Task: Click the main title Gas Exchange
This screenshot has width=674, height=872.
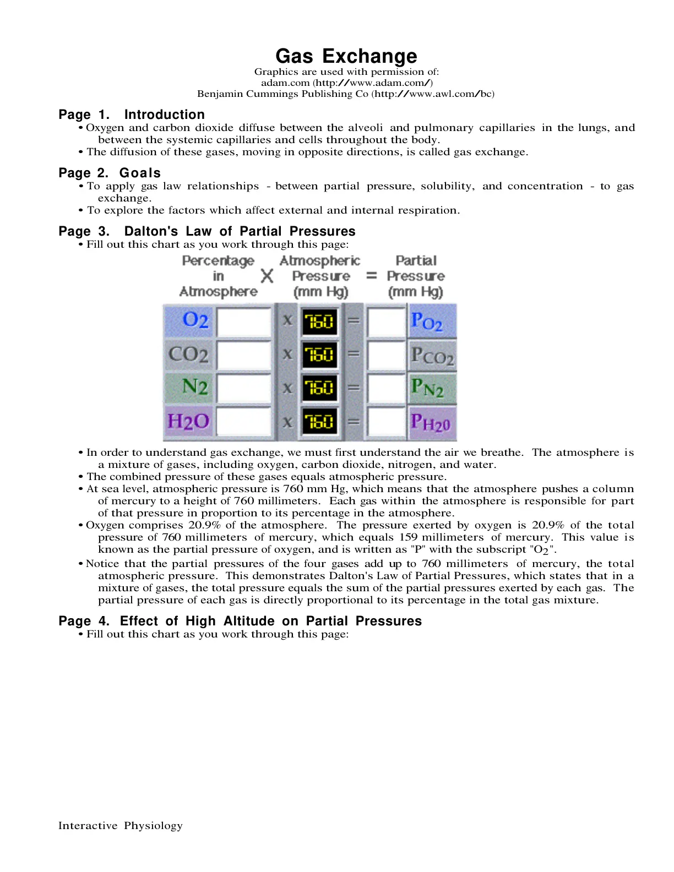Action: [x=346, y=56]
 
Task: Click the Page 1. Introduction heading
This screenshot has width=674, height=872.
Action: [x=132, y=115]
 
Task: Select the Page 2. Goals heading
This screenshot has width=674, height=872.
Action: [x=110, y=172]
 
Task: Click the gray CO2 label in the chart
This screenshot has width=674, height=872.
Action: [x=188, y=355]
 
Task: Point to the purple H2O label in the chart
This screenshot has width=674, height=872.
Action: [x=188, y=421]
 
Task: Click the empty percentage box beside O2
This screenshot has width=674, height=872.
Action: [x=244, y=321]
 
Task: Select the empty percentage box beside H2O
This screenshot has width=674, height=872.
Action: [x=244, y=421]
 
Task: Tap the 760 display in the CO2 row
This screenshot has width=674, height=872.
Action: [x=319, y=355]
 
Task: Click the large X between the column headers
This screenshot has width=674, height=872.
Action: [x=267, y=276]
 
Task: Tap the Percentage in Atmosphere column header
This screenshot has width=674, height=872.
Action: [x=218, y=276]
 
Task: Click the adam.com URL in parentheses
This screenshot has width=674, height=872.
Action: [x=373, y=83]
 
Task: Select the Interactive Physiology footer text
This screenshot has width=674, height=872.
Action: [x=121, y=825]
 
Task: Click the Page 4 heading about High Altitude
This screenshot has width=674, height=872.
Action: [x=240, y=621]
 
